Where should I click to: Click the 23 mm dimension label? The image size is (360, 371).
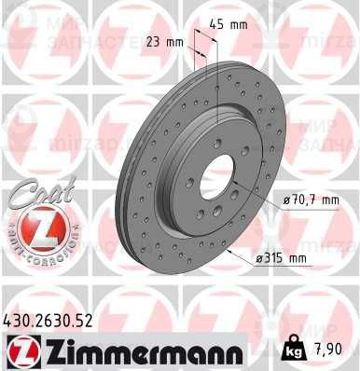[x=166, y=42]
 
